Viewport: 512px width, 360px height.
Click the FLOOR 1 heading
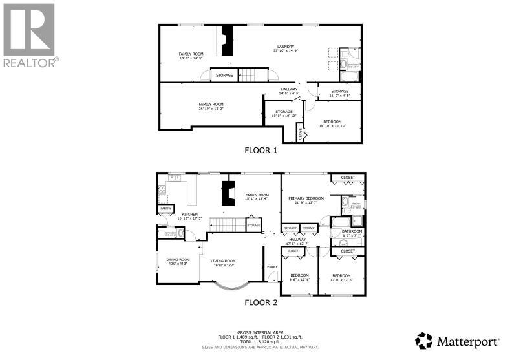click(x=260, y=150)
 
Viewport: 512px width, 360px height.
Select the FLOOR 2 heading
click(x=260, y=302)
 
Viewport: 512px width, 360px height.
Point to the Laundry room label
click(x=286, y=47)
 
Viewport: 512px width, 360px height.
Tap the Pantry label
click(x=166, y=209)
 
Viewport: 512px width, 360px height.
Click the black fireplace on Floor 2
click(x=228, y=192)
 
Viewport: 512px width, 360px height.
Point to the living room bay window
click(x=230, y=284)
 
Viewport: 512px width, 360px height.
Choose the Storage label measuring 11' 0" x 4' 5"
click(x=339, y=92)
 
